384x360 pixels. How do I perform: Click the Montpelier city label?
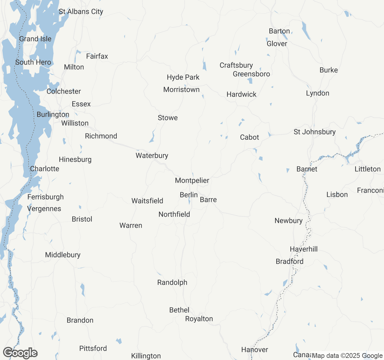click(192, 180)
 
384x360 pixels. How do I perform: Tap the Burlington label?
click(53, 115)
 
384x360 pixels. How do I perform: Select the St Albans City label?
click(81, 12)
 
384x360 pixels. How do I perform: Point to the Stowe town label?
click(168, 118)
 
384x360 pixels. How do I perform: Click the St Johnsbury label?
click(314, 132)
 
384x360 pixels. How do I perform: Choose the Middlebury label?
click(63, 255)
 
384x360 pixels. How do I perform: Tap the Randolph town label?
click(172, 282)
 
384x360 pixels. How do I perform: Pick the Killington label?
click(146, 356)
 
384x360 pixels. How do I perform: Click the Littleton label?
click(367, 169)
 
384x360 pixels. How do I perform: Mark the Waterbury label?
click(152, 155)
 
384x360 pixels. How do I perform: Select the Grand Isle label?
click(35, 39)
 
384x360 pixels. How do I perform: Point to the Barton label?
click(279, 31)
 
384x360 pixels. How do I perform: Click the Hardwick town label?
click(241, 94)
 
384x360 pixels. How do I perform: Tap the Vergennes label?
click(44, 209)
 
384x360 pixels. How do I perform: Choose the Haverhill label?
click(304, 249)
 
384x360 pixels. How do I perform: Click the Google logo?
click(20, 353)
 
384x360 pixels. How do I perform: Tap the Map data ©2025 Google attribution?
click(347, 356)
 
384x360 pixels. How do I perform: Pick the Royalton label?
click(199, 319)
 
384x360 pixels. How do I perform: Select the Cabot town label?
click(249, 137)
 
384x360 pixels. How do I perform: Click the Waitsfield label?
click(147, 201)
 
